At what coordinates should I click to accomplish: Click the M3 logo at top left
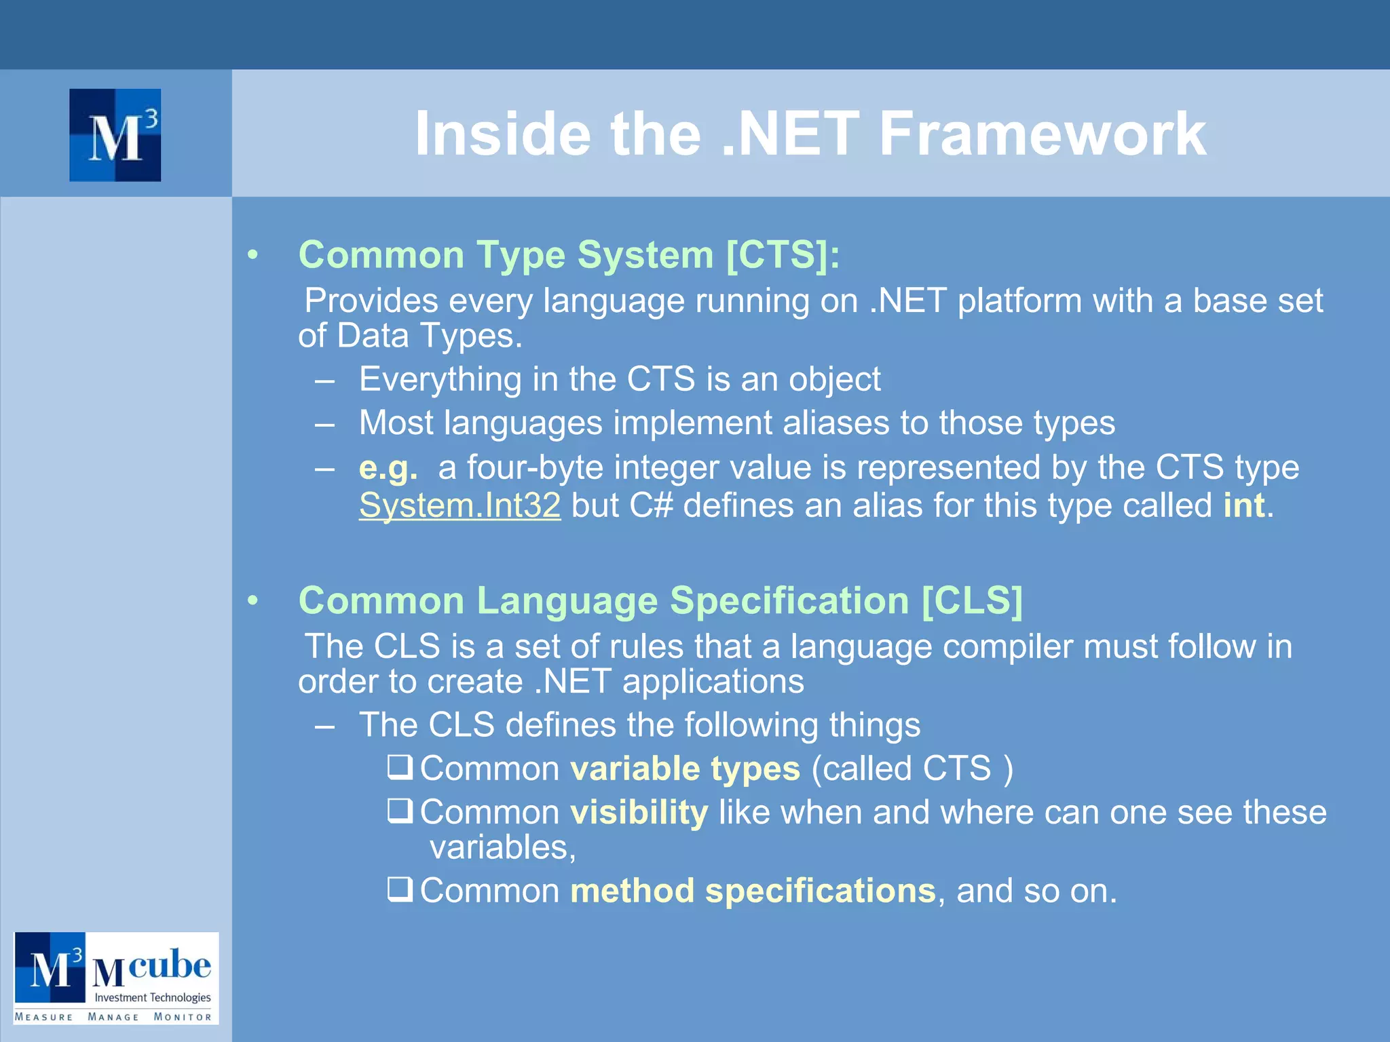[x=115, y=135]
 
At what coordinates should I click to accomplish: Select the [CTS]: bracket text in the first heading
[x=783, y=255]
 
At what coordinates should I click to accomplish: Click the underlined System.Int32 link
[x=459, y=505]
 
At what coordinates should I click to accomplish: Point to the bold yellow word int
[x=1243, y=505]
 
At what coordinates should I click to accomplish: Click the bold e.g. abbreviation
[x=388, y=467]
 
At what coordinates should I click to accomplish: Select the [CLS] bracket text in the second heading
[x=972, y=601]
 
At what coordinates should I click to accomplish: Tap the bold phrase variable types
[x=685, y=769]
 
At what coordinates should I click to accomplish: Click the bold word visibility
[x=639, y=812]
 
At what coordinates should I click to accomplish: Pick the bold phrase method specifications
[x=753, y=891]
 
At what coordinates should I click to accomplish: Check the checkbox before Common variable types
[x=400, y=767]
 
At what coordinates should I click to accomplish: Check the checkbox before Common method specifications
[x=400, y=889]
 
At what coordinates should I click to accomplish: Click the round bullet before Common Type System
[x=253, y=256]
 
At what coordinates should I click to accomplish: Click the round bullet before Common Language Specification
[x=253, y=601]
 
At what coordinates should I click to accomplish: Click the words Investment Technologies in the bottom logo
[x=152, y=997]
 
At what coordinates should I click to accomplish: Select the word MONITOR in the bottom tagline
[x=183, y=1017]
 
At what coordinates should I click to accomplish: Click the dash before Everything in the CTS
[x=324, y=381]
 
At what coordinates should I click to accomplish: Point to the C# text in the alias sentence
[x=650, y=505]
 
